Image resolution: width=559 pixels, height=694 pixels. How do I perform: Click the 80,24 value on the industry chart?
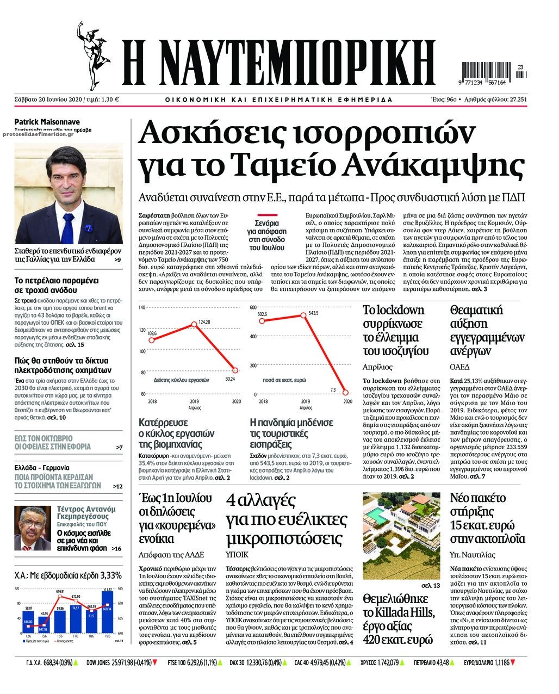click(230, 378)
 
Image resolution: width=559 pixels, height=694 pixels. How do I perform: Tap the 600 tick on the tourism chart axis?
click(252, 308)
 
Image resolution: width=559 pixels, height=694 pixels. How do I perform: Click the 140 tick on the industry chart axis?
click(142, 308)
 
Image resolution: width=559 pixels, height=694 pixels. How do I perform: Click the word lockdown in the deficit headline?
click(400, 311)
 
